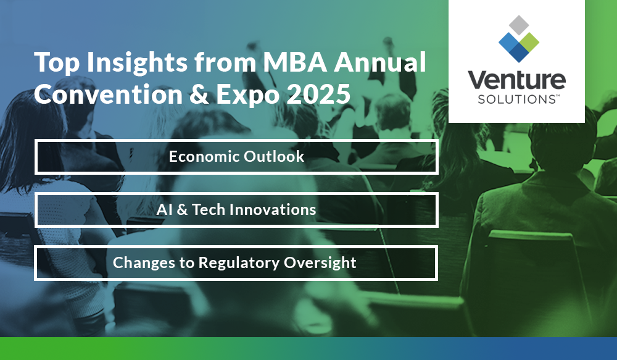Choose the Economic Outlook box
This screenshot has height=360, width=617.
point(236,157)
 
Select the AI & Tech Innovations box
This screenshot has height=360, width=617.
point(236,210)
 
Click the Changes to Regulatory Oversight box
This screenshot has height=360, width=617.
point(236,263)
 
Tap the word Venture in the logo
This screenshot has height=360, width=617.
point(516,80)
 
